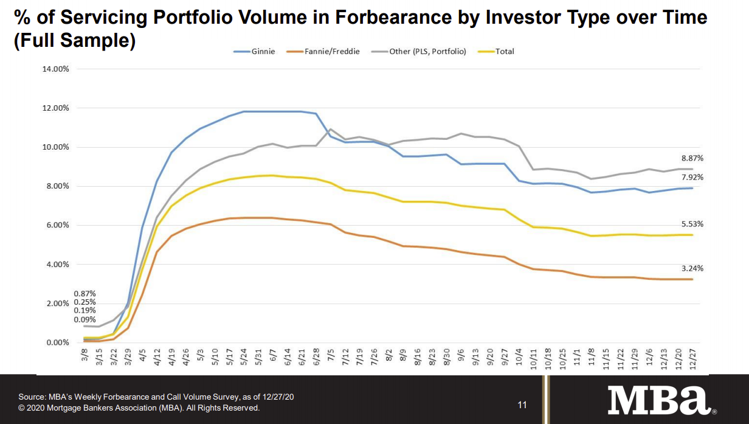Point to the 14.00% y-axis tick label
click(x=56, y=69)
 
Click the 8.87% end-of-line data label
click(x=691, y=158)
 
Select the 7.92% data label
click(x=691, y=177)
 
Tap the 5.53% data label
click(x=691, y=224)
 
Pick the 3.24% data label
click(x=691, y=268)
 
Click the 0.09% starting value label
click(x=85, y=320)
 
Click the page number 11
click(x=522, y=405)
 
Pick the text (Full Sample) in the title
click(x=74, y=43)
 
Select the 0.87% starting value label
click(x=85, y=294)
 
